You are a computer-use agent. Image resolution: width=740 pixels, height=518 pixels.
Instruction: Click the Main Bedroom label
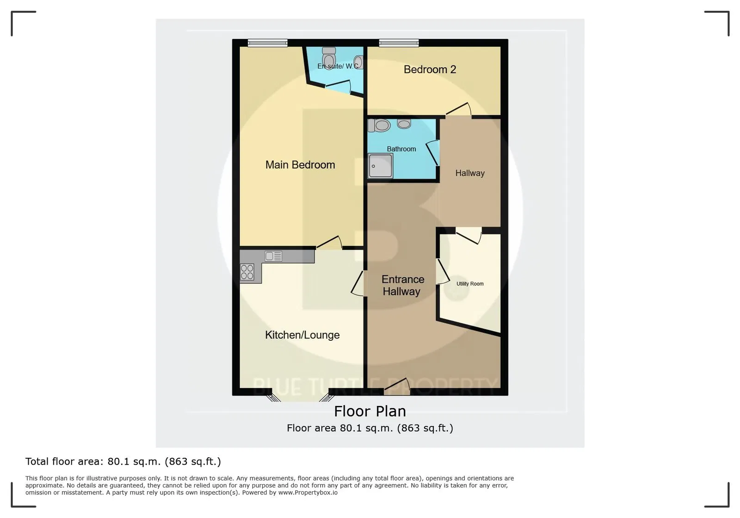click(x=300, y=165)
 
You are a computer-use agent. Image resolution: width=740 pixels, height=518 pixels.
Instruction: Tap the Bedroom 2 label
click(x=430, y=69)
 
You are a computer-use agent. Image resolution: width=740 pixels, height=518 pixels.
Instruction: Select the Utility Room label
click(x=470, y=284)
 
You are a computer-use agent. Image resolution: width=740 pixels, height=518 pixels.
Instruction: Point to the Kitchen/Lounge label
click(x=302, y=335)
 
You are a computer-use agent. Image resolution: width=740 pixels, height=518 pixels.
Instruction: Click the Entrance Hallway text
click(x=402, y=285)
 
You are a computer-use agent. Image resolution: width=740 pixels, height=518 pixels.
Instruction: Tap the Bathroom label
click(x=401, y=149)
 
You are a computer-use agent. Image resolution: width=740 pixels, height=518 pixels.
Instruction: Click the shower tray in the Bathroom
click(x=381, y=166)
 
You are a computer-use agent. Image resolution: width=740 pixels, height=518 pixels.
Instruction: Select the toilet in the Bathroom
click(x=379, y=125)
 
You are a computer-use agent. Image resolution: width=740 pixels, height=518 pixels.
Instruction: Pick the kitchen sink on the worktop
click(x=273, y=256)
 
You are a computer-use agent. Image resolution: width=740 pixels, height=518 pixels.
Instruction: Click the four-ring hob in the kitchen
click(x=247, y=272)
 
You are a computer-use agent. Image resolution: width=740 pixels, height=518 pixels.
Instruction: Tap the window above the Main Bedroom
click(x=268, y=43)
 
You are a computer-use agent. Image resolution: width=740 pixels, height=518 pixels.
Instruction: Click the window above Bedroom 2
click(x=399, y=43)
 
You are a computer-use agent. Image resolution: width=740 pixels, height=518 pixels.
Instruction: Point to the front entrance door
click(x=397, y=387)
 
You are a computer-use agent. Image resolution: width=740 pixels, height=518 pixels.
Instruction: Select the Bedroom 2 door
click(x=458, y=109)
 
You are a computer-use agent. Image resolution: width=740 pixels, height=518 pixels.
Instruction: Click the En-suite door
click(x=338, y=87)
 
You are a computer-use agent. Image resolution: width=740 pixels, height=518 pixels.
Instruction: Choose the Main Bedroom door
click(x=329, y=242)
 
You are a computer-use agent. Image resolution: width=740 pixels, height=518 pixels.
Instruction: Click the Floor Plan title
click(x=370, y=411)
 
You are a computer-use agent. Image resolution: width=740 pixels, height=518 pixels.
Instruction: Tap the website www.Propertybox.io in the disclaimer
click(x=308, y=493)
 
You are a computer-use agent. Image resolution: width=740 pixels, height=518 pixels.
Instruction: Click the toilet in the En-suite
click(x=329, y=58)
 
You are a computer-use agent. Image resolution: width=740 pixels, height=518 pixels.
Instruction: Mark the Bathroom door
click(x=432, y=153)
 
